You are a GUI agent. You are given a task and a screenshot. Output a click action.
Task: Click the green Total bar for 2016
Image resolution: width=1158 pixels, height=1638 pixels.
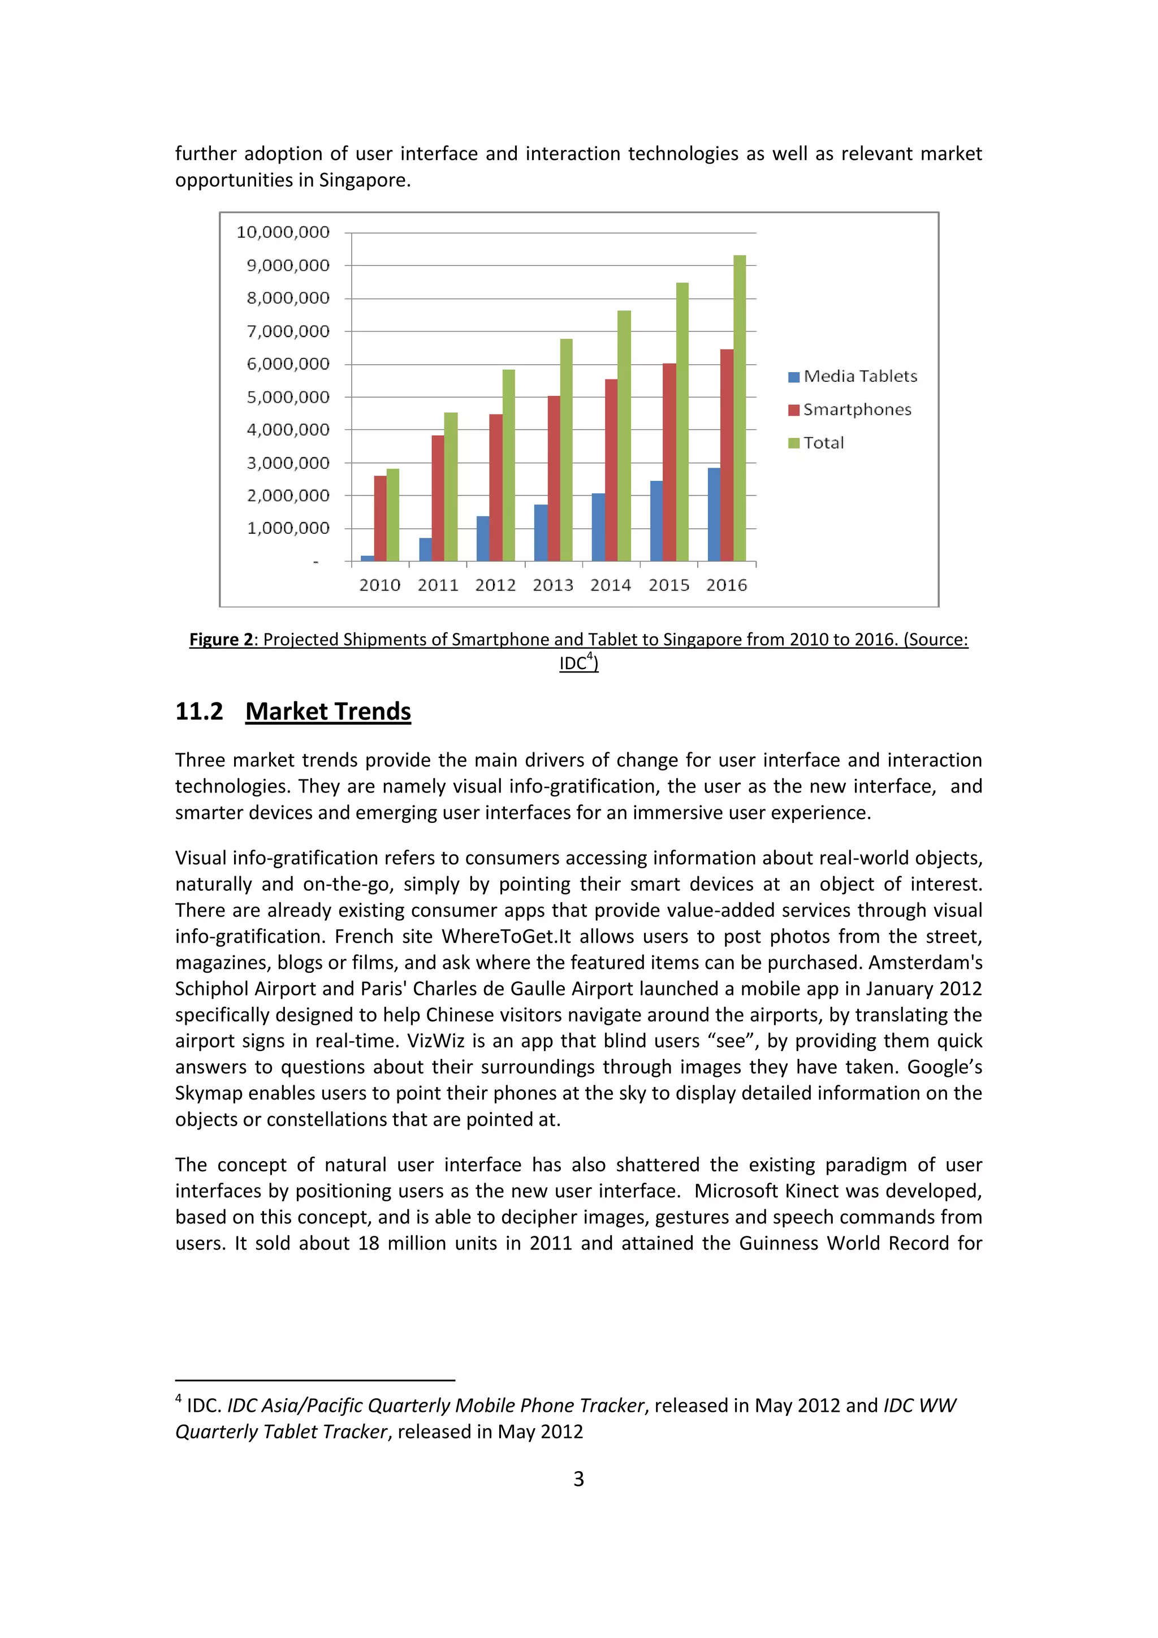pyautogui.click(x=740, y=408)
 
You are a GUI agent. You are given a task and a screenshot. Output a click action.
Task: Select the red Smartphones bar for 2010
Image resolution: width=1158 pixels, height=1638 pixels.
pyautogui.click(x=380, y=518)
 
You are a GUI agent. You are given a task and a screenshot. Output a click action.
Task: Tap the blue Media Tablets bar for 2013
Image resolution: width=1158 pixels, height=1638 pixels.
pyautogui.click(x=541, y=532)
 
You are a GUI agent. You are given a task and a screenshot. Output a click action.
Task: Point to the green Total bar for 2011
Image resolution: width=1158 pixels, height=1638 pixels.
pyautogui.click(x=451, y=486)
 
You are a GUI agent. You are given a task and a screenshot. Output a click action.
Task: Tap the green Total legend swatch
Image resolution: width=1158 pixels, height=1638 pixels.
pyautogui.click(x=794, y=443)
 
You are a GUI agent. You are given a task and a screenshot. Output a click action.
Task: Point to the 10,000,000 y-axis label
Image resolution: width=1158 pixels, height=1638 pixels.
pyautogui.click(x=283, y=232)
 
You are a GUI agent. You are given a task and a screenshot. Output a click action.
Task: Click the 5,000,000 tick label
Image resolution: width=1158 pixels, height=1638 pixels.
pyautogui.click(x=288, y=396)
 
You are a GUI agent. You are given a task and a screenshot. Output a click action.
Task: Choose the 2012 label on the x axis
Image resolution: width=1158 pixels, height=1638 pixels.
pyautogui.click(x=495, y=585)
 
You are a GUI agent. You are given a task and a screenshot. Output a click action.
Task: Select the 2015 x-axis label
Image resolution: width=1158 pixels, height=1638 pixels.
pyautogui.click(x=669, y=585)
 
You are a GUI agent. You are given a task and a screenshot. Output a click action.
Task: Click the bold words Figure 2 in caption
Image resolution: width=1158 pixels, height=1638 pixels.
pyautogui.click(x=221, y=639)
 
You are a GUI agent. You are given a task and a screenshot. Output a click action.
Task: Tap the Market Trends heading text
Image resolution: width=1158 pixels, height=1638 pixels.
pyautogui.click(x=328, y=712)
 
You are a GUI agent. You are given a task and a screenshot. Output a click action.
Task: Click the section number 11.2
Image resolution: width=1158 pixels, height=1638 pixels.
pyautogui.click(x=199, y=712)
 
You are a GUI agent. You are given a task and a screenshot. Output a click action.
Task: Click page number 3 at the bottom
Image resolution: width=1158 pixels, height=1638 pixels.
pyautogui.click(x=578, y=1479)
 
